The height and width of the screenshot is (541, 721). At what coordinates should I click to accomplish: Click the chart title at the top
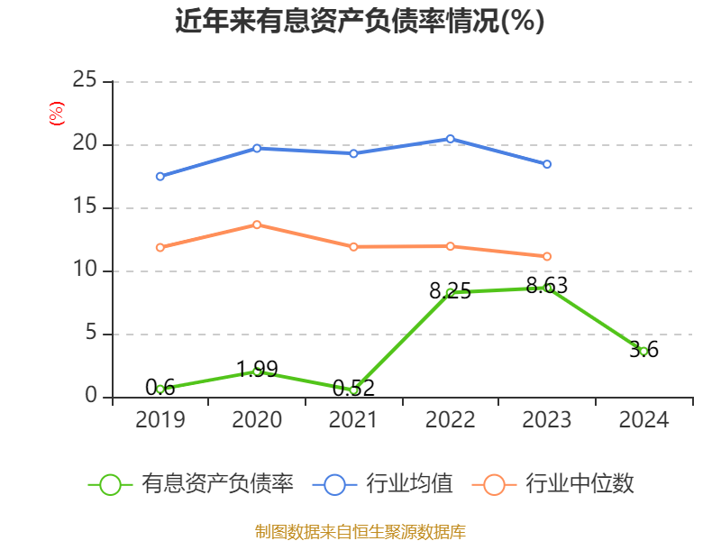[x=360, y=22]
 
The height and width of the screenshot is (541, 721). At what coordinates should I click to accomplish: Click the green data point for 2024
[x=643, y=351]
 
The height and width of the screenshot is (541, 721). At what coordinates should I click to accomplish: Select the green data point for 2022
[x=450, y=292]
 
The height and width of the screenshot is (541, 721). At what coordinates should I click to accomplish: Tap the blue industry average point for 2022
[x=450, y=139]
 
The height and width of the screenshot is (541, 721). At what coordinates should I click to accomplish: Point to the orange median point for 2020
[x=257, y=225]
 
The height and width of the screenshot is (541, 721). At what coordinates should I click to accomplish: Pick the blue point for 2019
[x=160, y=176]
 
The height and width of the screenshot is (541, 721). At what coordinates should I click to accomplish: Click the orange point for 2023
[x=547, y=256]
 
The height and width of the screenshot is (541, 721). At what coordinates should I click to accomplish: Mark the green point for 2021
[x=353, y=390]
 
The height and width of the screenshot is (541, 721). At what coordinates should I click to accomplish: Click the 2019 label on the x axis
[x=160, y=420]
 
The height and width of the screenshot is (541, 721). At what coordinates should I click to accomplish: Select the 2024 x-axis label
[x=643, y=420]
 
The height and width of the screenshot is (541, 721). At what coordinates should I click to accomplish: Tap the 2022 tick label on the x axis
[x=450, y=420]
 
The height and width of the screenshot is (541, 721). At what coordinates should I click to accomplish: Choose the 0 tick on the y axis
[x=91, y=397]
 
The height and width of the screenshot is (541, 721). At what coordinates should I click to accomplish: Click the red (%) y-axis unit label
[x=56, y=114]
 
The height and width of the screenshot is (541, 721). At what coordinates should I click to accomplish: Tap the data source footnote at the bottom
[x=360, y=531]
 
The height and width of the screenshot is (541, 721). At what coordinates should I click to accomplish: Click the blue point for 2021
[x=353, y=153]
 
